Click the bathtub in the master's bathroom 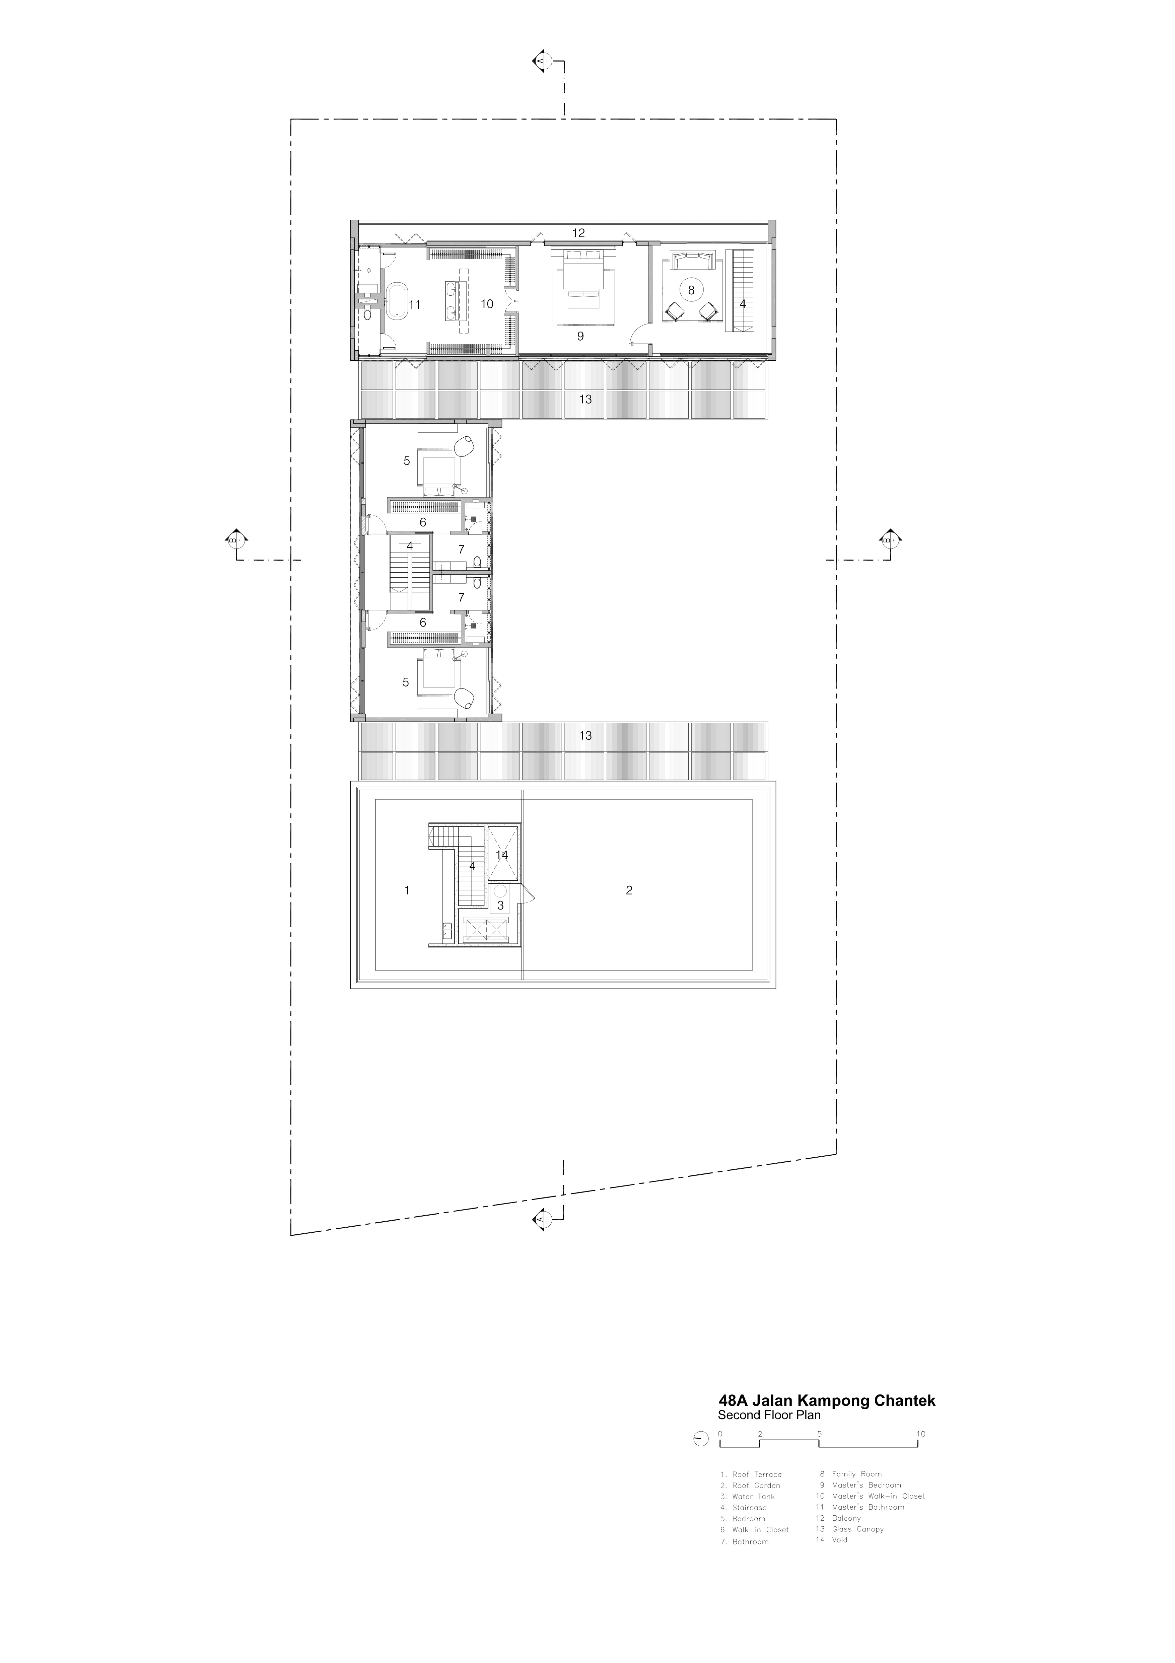tap(396, 302)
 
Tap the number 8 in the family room tap(691, 290)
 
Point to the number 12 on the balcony tap(578, 233)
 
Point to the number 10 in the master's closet tap(487, 303)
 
